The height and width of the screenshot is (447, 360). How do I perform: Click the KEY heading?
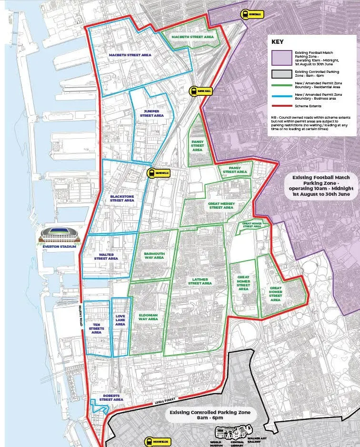coord(278,41)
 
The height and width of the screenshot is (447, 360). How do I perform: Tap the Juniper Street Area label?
coord(152,113)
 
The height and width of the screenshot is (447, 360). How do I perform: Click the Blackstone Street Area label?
coord(122,198)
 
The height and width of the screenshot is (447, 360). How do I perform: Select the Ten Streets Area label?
coord(97,328)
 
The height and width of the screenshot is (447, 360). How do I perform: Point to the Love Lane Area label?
coord(120,320)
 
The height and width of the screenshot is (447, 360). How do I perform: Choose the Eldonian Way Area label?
coord(148,317)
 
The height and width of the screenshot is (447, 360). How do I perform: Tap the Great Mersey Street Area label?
coord(221,205)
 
